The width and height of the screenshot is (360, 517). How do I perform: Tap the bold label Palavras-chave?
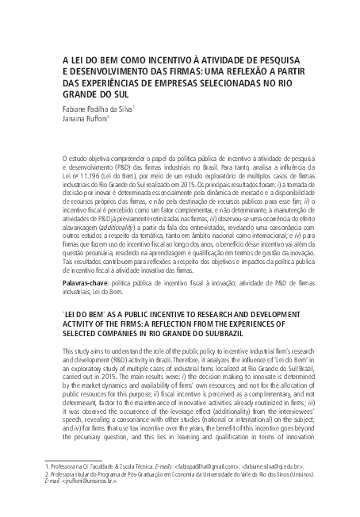coord(85,282)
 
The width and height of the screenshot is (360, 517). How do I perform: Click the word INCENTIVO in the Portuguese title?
coord(162,58)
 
